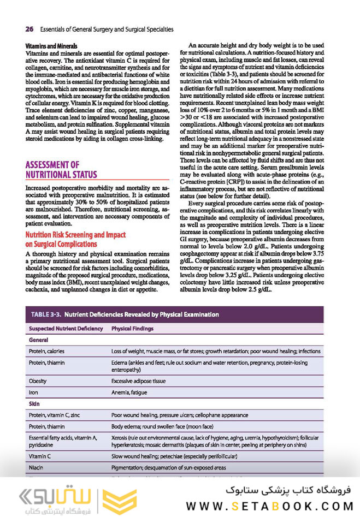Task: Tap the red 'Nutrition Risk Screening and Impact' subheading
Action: coord(75,234)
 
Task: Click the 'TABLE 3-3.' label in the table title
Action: coord(47,314)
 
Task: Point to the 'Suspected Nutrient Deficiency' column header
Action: coord(66,328)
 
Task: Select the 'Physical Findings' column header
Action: coord(132,328)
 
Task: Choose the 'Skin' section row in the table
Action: coord(34,404)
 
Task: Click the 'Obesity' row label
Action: coord(38,381)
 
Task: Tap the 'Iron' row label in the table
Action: coord(33,392)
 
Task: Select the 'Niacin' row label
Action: coord(37,468)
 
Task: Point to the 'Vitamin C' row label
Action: coord(41,456)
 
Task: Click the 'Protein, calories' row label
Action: coord(48,351)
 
